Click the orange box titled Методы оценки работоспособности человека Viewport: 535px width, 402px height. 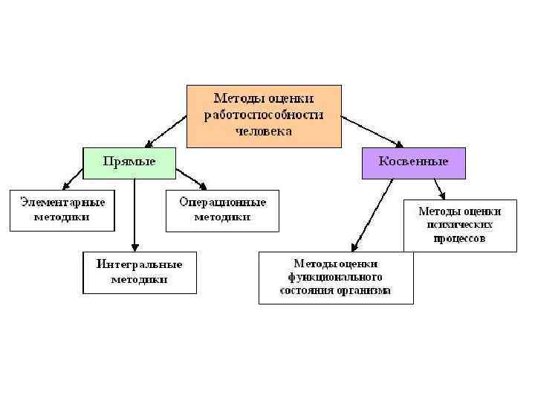264,115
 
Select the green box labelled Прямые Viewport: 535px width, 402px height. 129,162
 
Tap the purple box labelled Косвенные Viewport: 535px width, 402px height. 413,162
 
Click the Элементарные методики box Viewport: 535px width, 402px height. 62,209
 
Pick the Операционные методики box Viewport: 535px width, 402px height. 222,209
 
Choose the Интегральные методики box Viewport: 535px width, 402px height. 139,272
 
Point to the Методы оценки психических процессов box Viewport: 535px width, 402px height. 459,224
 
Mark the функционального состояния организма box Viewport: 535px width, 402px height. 335,277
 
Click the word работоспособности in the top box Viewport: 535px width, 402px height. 264,115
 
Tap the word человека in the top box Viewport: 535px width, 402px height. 264,131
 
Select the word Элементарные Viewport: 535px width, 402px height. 62,202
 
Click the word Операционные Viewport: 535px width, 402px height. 222,202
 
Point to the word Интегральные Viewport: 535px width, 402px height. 139,264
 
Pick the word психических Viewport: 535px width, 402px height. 459,224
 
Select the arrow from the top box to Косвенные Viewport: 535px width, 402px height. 372,130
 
